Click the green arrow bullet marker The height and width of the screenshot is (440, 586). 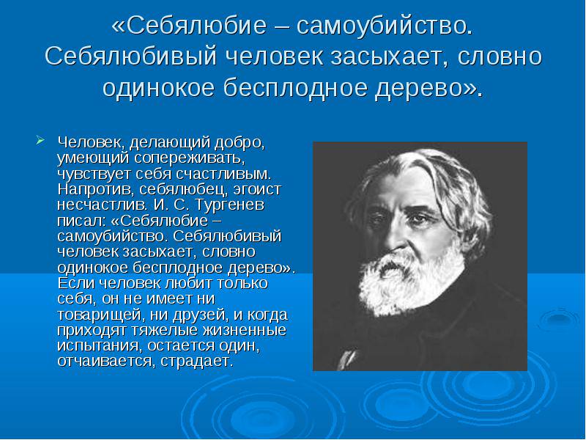click(x=40, y=140)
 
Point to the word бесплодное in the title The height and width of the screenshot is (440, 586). click(x=295, y=88)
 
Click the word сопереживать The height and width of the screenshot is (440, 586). click(x=190, y=158)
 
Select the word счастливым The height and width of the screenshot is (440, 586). click(x=223, y=174)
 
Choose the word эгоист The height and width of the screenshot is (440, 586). click(x=257, y=189)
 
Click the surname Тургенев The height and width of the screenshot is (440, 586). click(x=230, y=205)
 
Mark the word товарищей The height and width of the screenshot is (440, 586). click(x=100, y=315)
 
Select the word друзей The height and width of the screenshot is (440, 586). click(x=200, y=315)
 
